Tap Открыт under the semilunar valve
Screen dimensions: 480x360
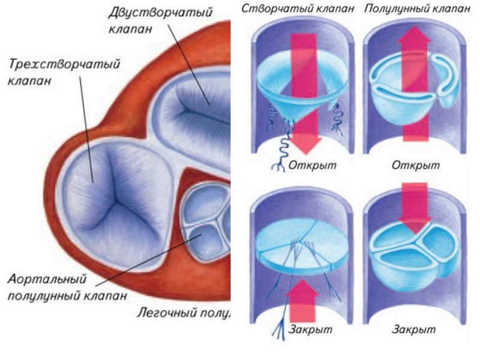(415, 164)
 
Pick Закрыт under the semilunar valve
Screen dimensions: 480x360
(413, 329)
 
